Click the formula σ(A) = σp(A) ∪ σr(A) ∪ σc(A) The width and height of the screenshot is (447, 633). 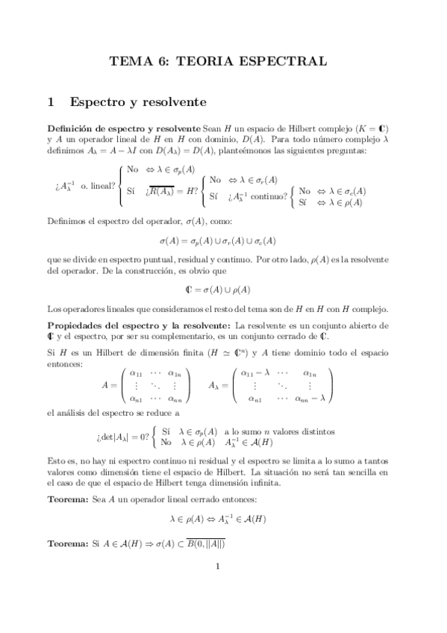click(217, 241)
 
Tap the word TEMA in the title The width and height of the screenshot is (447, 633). click(130, 62)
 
